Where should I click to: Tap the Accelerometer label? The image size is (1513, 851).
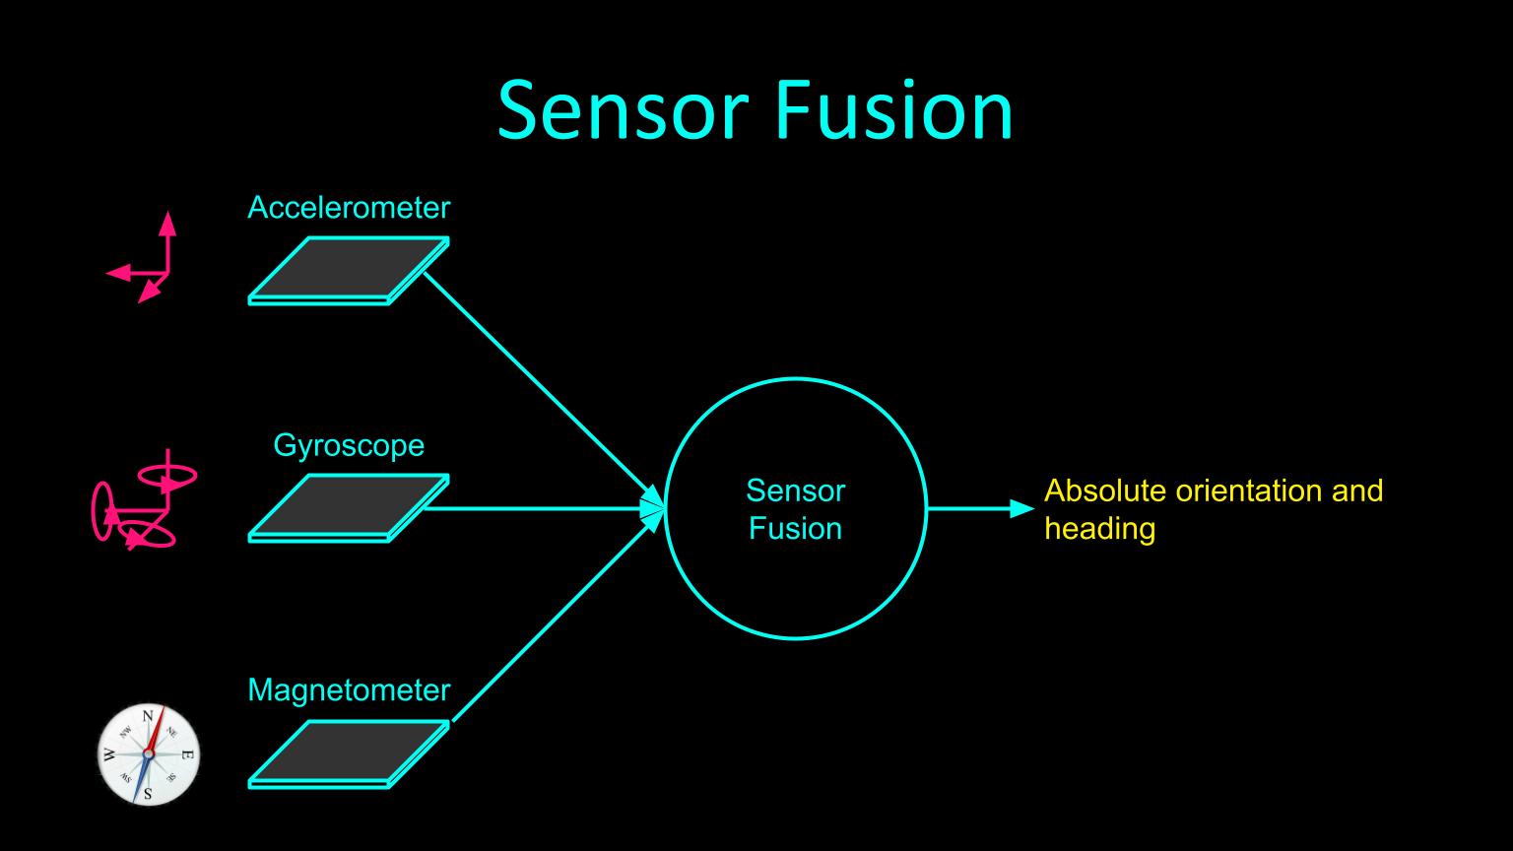pyautogui.click(x=349, y=208)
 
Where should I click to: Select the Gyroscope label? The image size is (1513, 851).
pyautogui.click(x=349, y=445)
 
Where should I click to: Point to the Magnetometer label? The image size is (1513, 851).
pyautogui.click(x=349, y=689)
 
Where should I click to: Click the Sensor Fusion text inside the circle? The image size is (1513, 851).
pyautogui.click(x=795, y=509)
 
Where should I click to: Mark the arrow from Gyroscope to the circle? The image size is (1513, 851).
pyautogui.click(x=542, y=508)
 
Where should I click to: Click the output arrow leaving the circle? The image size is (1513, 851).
pyautogui.click(x=980, y=509)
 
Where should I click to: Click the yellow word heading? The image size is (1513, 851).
pyautogui.click(x=1099, y=529)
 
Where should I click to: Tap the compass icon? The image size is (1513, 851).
pyautogui.click(x=149, y=754)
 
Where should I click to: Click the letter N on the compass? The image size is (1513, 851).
pyautogui.click(x=148, y=717)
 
